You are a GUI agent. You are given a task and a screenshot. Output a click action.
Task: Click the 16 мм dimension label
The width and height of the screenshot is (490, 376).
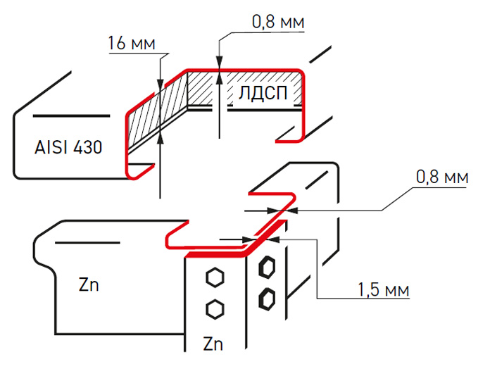point(132,43)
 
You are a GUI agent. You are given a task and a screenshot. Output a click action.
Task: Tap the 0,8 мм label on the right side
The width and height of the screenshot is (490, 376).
point(442,178)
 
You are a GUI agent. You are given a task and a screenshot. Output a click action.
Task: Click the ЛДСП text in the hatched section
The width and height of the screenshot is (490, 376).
point(264,94)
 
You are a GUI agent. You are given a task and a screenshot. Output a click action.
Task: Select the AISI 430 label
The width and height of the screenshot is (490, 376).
point(68,148)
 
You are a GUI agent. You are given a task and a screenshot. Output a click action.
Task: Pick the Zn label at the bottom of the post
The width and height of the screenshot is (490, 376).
point(213,344)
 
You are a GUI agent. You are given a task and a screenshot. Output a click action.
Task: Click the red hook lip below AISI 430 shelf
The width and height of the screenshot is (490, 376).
point(141,169)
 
